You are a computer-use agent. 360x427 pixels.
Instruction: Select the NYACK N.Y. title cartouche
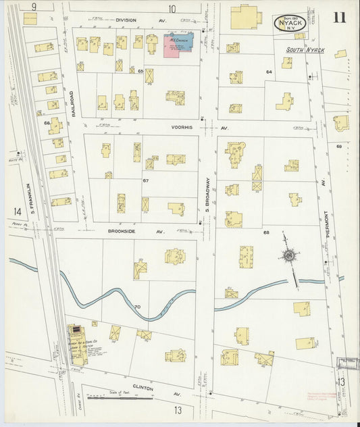pyautogui.click(x=291, y=23)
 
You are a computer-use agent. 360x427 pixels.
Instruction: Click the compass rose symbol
pyautogui.click(x=291, y=256)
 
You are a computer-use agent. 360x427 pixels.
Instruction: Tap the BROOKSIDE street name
pyautogui.click(x=127, y=231)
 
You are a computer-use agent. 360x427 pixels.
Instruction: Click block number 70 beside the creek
pyautogui.click(x=137, y=307)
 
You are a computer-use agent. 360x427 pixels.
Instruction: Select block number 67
pyautogui.click(x=145, y=180)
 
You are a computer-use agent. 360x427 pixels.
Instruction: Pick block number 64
pyautogui.click(x=268, y=71)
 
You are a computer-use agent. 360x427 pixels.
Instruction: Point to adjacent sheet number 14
pyautogui.click(x=16, y=211)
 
